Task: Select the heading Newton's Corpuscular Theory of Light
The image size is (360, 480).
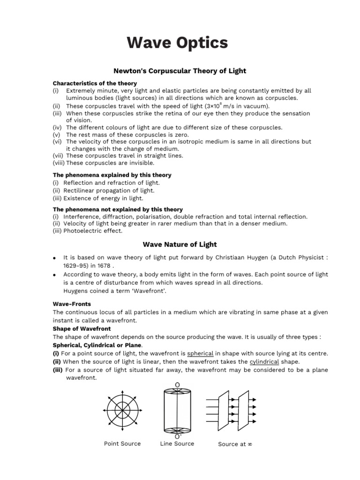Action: click(x=180, y=71)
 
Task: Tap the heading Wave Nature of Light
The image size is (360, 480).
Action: click(x=180, y=244)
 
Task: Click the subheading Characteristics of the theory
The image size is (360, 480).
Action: click(x=95, y=83)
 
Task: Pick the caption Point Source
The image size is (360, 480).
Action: click(x=122, y=443)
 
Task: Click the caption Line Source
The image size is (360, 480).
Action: click(x=177, y=443)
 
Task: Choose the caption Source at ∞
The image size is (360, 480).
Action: click(x=235, y=444)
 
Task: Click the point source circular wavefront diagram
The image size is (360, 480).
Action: click(x=122, y=408)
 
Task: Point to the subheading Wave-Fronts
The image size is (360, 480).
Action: click(x=72, y=304)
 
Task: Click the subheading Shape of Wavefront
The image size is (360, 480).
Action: click(x=82, y=329)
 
